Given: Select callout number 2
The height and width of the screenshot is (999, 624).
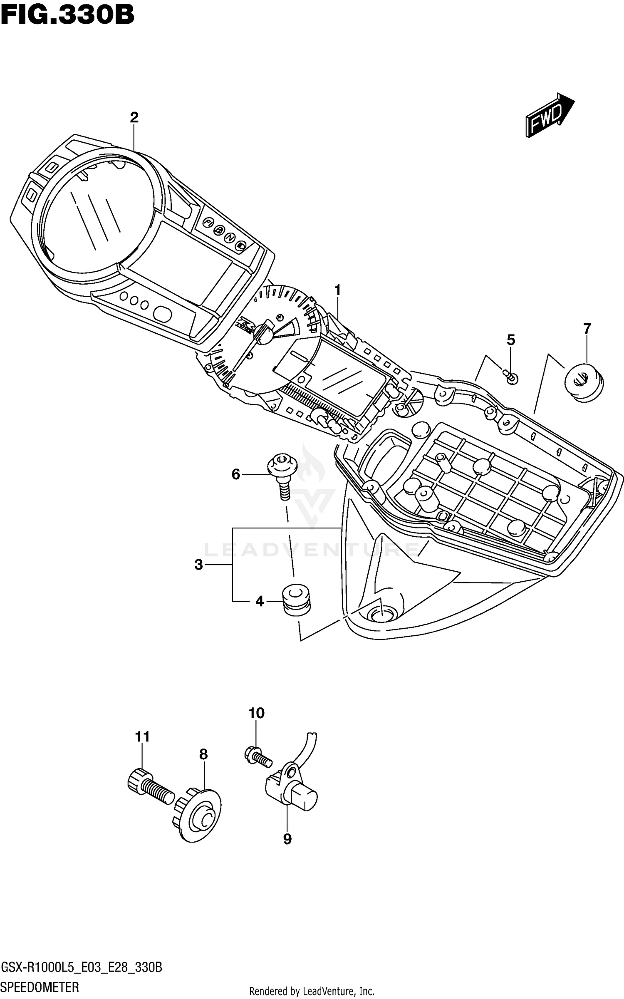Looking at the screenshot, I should [134, 118].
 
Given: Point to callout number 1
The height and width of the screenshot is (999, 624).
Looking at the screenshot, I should [337, 290].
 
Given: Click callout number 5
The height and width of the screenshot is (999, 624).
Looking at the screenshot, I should [511, 340].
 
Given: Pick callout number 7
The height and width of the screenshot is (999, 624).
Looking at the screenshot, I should [587, 329].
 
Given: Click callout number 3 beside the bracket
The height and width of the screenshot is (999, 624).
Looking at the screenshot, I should [198, 565].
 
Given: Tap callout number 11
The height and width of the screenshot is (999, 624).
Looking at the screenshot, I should [142, 737].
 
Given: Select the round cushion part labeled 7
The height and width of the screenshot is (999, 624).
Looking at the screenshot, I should [583, 382].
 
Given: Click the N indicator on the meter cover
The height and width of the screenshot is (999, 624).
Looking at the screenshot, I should [229, 238].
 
